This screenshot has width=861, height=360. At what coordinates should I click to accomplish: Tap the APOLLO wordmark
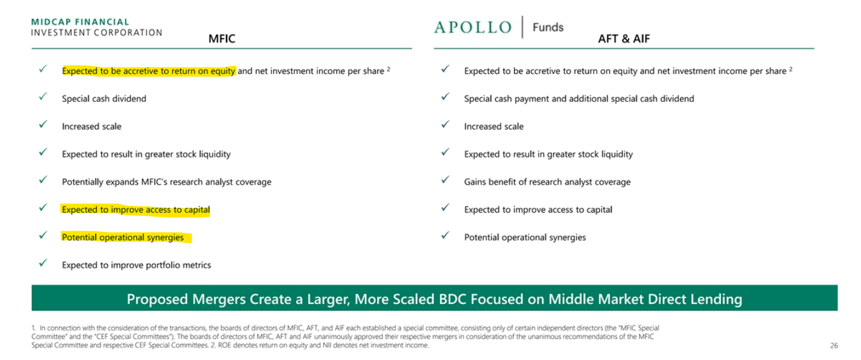coord(473,27)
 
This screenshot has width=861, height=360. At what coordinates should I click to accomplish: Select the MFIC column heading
coord(222,39)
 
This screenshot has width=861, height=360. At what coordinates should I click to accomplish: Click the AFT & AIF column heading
coord(623,39)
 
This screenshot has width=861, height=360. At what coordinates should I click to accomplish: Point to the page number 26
coord(834,346)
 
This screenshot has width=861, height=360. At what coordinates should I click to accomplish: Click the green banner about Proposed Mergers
coord(434,299)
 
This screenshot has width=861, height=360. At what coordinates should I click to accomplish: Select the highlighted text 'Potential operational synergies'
coord(123,238)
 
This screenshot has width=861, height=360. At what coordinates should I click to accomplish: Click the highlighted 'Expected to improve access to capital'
coord(136,210)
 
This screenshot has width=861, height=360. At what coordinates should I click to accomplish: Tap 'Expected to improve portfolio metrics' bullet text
coord(136,265)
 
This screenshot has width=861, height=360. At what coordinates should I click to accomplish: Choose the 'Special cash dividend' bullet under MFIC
coord(104,99)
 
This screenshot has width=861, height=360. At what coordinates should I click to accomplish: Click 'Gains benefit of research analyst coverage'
coord(547,182)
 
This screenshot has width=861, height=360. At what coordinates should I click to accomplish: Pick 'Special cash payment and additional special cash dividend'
coord(579,99)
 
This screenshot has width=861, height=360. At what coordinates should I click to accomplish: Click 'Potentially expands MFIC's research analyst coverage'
coord(166,182)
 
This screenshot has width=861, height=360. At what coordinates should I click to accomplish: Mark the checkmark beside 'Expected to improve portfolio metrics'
coord(43,263)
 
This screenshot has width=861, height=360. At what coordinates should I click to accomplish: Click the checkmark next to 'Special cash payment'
coord(445,97)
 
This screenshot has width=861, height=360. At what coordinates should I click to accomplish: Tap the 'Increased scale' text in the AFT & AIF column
coord(494,127)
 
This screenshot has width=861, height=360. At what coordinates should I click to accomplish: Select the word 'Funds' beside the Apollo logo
coord(548,27)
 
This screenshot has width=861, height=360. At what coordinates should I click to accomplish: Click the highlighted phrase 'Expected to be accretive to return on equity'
coord(148,71)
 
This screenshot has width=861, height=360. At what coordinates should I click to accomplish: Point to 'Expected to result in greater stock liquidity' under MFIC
coord(146,154)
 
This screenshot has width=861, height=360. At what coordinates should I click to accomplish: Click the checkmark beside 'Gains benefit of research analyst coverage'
coord(445,180)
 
